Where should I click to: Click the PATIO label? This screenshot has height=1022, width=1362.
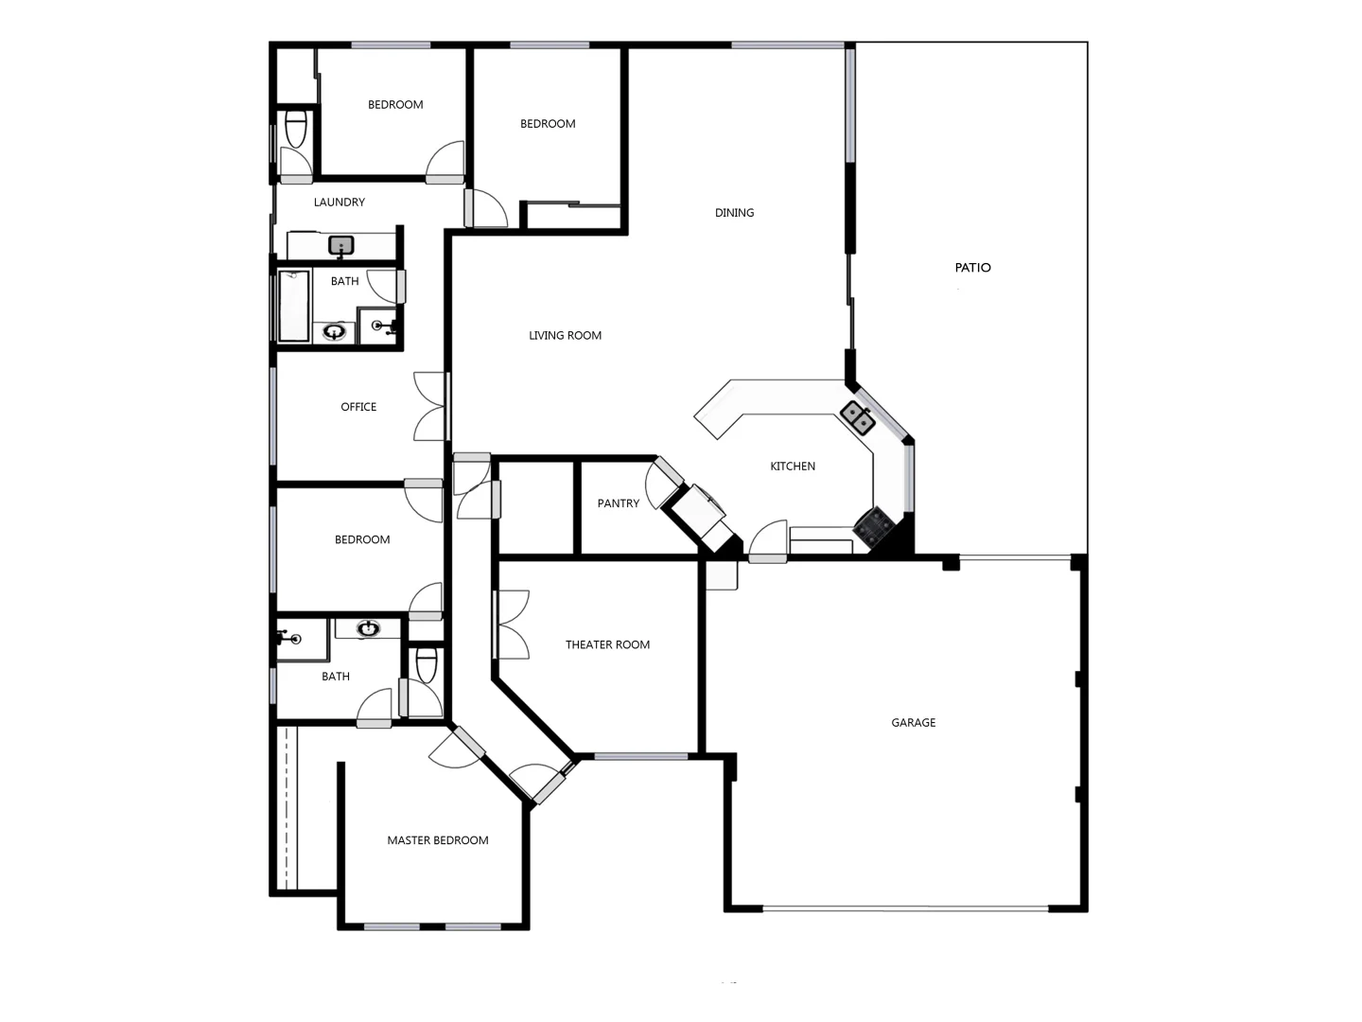coord(972,268)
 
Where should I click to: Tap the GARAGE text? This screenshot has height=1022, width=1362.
coord(913,723)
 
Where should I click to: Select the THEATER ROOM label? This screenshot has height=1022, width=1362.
coord(607,645)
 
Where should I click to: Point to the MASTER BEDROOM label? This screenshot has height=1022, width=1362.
coord(437,840)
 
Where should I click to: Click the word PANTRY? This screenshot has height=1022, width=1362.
coord(618,503)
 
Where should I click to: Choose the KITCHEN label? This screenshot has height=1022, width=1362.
coord(792,467)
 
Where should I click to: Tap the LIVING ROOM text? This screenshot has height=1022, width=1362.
coord(565,336)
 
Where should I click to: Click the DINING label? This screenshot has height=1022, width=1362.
coord(734,213)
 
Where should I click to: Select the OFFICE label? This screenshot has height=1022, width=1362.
coord(358,407)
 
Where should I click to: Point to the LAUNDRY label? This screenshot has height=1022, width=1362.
coord(339,203)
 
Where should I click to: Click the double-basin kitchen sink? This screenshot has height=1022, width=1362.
coord(858,416)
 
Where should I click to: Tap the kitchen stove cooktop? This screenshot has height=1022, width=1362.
coord(874,528)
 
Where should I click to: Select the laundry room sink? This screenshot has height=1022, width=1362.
coord(340,246)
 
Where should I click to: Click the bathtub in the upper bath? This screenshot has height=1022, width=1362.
coord(293,306)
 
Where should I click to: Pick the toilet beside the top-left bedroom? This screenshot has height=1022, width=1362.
coord(296,129)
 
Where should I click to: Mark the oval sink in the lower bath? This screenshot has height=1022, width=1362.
coord(368,628)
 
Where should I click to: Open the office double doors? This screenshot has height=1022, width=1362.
coord(430,407)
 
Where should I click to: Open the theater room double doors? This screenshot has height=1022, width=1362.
coord(512,625)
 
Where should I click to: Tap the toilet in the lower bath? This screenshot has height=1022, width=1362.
coord(427,663)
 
